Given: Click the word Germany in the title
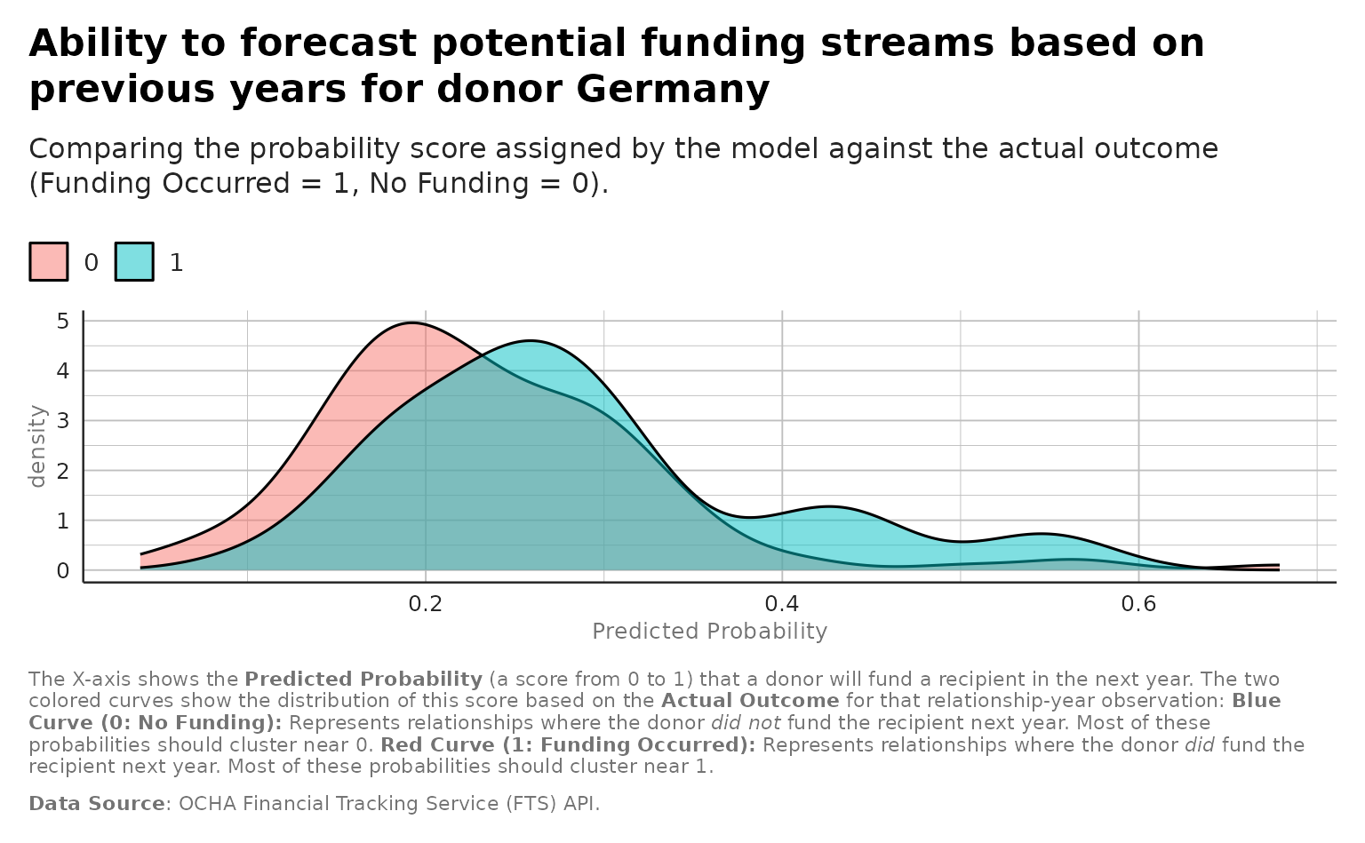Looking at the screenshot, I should tap(672, 90).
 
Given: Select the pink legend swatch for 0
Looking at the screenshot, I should tap(49, 262).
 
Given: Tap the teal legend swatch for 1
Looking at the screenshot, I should tap(134, 262).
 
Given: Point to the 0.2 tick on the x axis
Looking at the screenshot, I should tap(426, 604).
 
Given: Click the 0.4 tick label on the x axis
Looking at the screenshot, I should tap(782, 604).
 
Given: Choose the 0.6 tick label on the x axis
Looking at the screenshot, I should tap(1138, 604).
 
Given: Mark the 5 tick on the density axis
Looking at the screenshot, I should tap(63, 321).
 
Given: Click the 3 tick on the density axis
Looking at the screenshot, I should tap(63, 420).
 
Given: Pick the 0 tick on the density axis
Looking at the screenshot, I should tap(63, 570).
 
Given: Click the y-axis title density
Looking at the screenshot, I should tap(37, 446).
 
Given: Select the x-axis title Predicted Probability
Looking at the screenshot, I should tap(709, 632).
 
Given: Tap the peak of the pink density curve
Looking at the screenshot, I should tap(413, 322).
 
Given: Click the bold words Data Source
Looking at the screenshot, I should tap(97, 804).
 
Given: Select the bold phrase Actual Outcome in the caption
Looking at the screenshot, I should tap(749, 701).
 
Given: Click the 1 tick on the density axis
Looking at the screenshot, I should tap(63, 521).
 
